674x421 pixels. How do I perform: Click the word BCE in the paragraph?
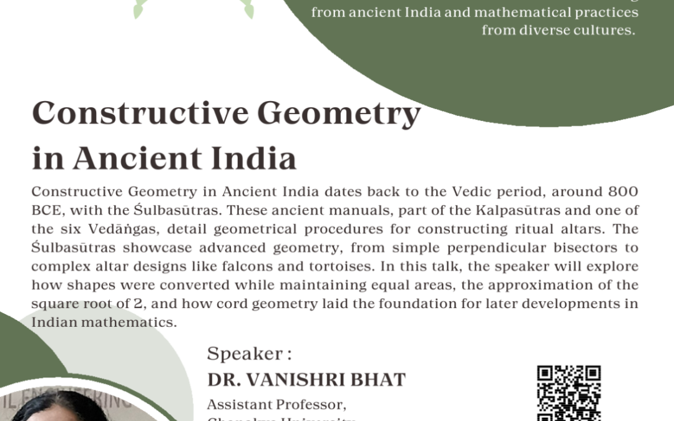[44, 210]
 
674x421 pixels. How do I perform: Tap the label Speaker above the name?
[245, 354]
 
